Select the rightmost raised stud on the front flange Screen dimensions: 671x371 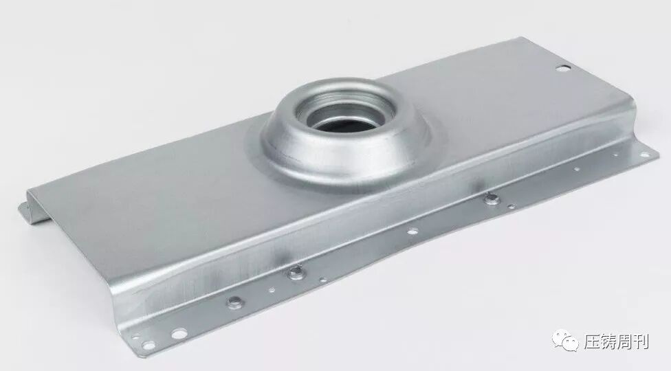pos(492,199)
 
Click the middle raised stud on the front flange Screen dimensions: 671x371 pos(295,271)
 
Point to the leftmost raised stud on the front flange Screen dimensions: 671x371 pos(235,302)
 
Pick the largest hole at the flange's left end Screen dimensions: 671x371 pos(178,333)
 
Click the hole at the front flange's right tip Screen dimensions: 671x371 pos(643,155)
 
